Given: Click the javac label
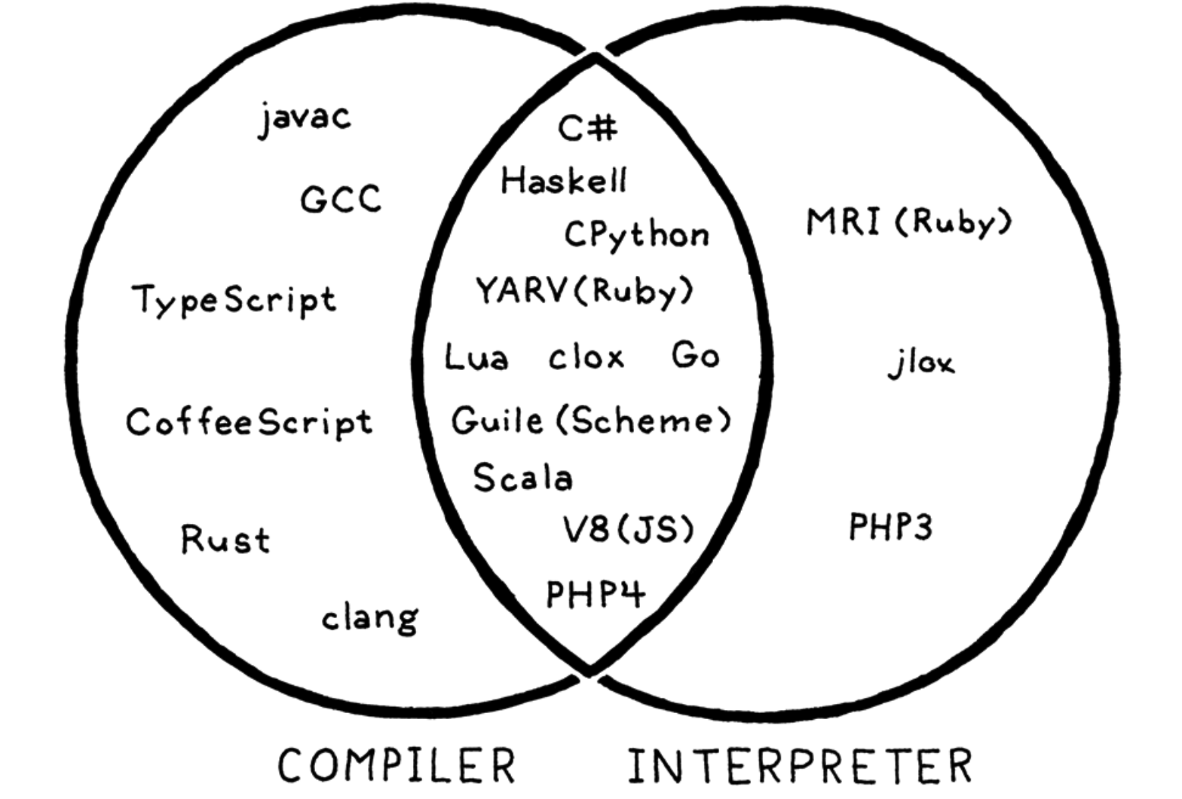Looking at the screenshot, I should coord(305,119).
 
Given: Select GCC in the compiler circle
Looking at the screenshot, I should coord(341,200).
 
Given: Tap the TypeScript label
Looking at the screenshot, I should coord(234,300).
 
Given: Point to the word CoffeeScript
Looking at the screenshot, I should coord(249,422).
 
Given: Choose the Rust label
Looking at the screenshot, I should coord(225,540).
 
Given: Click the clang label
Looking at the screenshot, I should coord(369,618).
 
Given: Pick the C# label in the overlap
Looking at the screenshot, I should coord(588,128).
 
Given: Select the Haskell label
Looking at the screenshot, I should coord(564,181).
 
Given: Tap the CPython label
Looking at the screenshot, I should coord(637,235).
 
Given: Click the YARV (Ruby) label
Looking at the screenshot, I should coord(584,291).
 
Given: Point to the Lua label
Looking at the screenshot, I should coord(476,357).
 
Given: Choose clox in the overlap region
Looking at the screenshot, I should coord(586,357).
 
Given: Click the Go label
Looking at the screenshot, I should coord(695,355).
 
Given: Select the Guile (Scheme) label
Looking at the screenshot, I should coord(591,421).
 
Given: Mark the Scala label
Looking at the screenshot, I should coord(522,478).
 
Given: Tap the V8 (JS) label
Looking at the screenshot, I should coord(628,529).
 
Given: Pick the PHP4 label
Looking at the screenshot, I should coord(596,594).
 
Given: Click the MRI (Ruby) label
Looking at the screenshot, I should coord(908,222).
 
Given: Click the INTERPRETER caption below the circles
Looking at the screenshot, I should coord(800,765).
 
